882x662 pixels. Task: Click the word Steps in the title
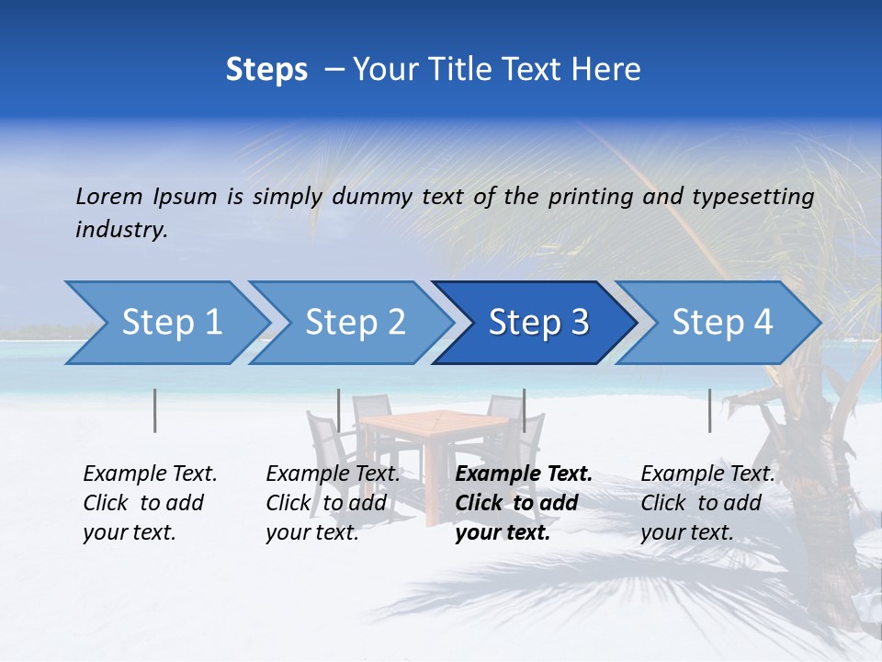266,69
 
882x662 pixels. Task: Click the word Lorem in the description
109,196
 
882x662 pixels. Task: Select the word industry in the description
121,229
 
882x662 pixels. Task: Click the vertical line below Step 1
154,410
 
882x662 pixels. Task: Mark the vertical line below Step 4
709,410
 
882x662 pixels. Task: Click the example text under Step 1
149,503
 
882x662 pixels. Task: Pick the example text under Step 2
332,503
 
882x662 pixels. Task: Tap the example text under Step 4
707,503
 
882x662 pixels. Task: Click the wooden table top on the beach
435,424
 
